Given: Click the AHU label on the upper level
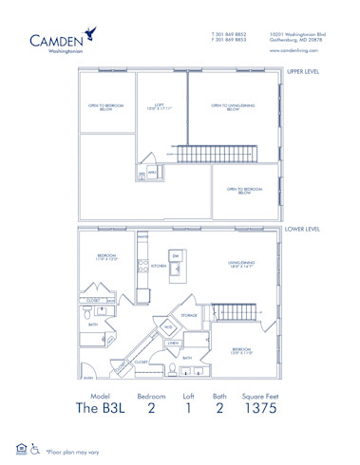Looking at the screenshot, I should (152, 172).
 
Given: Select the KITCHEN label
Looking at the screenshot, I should (158, 267).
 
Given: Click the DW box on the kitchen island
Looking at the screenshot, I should (175, 256).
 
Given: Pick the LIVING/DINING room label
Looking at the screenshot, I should (237, 265).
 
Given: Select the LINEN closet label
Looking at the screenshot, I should (173, 343).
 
